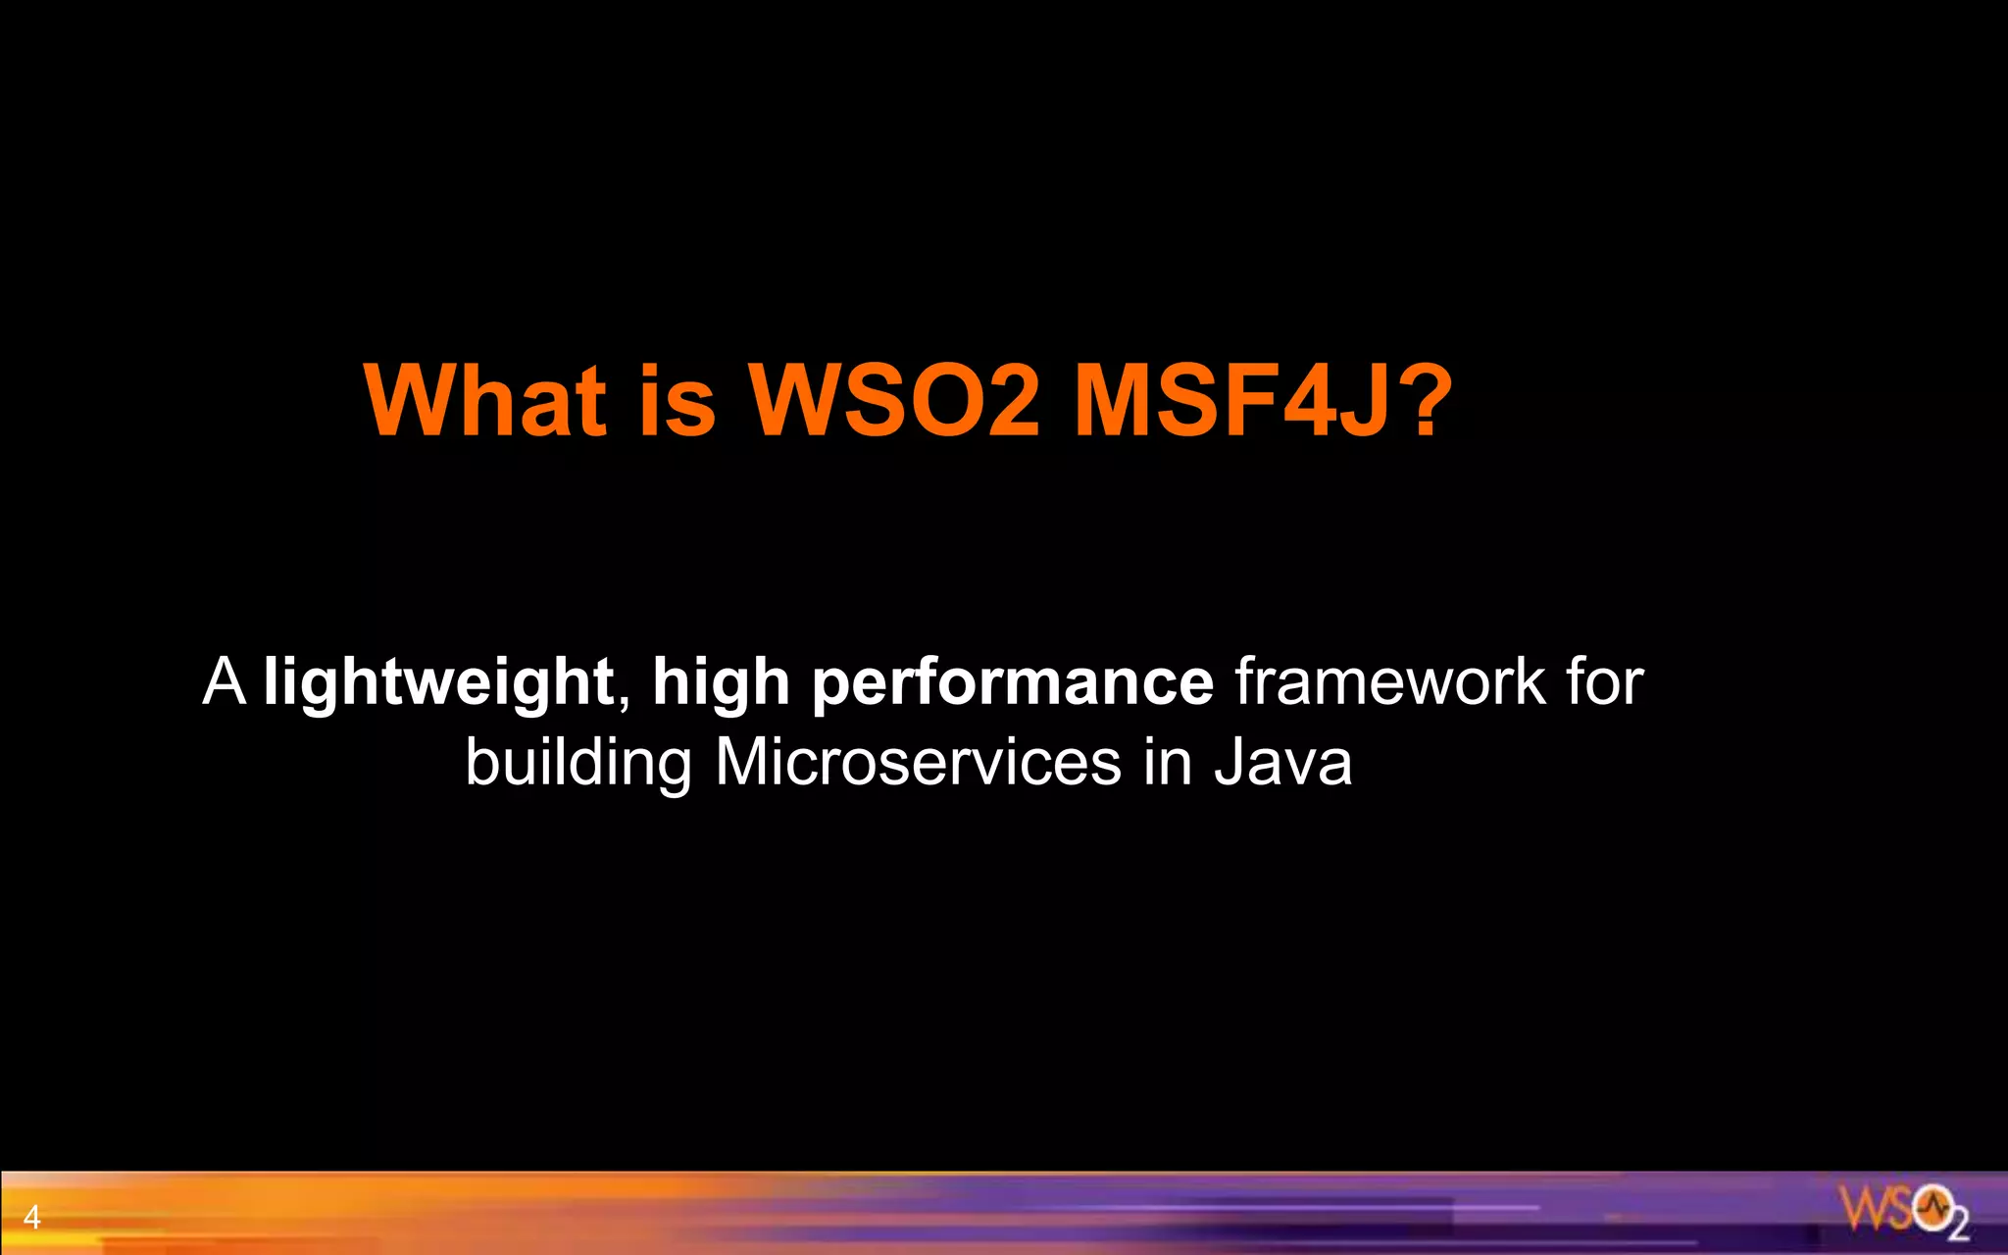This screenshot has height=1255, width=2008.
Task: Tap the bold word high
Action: (x=721, y=683)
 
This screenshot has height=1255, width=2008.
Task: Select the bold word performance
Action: (x=1013, y=683)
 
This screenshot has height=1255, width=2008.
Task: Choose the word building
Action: (x=577, y=763)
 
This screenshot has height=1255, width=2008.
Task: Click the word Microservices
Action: (x=918, y=762)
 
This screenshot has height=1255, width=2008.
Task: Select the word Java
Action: (x=1283, y=762)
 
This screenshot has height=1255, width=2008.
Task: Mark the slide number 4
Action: (x=31, y=1218)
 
